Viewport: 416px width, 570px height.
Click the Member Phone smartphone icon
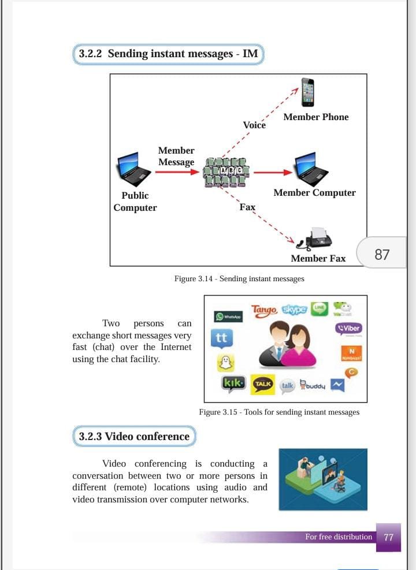pyautogui.click(x=307, y=92)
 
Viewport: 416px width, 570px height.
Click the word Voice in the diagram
pyautogui.click(x=254, y=125)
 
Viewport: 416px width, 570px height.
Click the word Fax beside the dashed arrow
pyautogui.click(x=247, y=207)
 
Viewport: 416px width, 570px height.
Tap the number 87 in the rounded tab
pyautogui.click(x=382, y=254)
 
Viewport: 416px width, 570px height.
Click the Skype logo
pyautogui.click(x=294, y=310)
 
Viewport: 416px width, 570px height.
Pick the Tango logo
pyautogui.click(x=264, y=311)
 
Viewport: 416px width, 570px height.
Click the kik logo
pyautogui.click(x=233, y=383)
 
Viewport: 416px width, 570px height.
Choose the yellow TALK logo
pyautogui.click(x=263, y=384)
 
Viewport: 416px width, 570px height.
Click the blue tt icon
pyautogui.click(x=221, y=338)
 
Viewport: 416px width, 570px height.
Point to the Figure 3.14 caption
pyautogui.click(x=239, y=278)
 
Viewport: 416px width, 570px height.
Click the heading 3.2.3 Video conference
pyautogui.click(x=134, y=437)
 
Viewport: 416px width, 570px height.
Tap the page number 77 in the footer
pyautogui.click(x=388, y=537)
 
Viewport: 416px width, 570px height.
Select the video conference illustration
pyautogui.click(x=322, y=479)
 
